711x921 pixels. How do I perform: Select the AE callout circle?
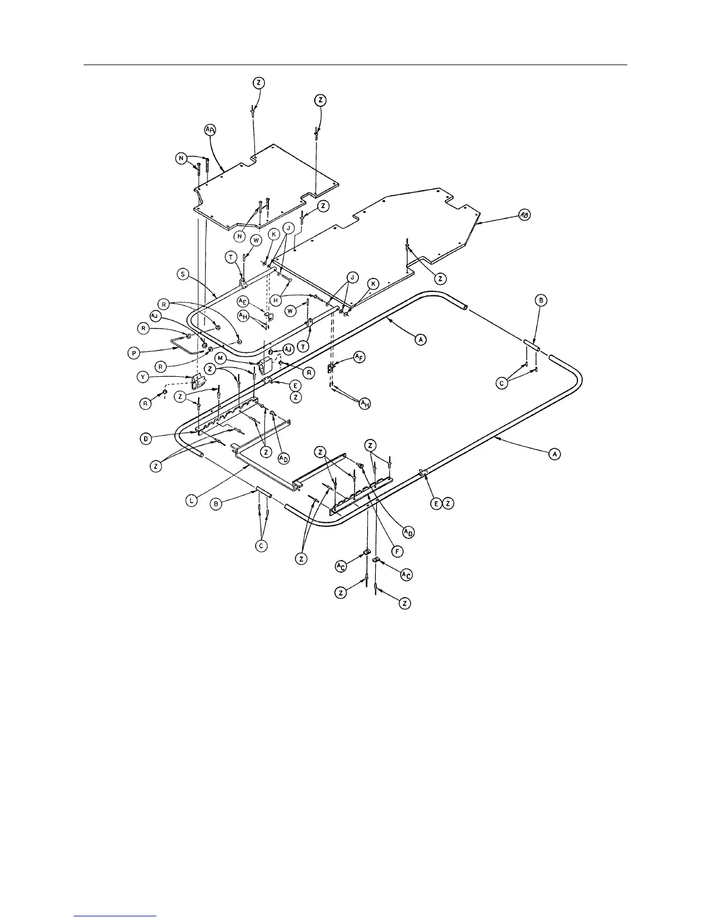tap(243, 301)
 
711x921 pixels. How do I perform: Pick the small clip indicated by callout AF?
tap(332, 368)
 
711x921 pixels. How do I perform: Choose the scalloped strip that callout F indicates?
tap(360, 494)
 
